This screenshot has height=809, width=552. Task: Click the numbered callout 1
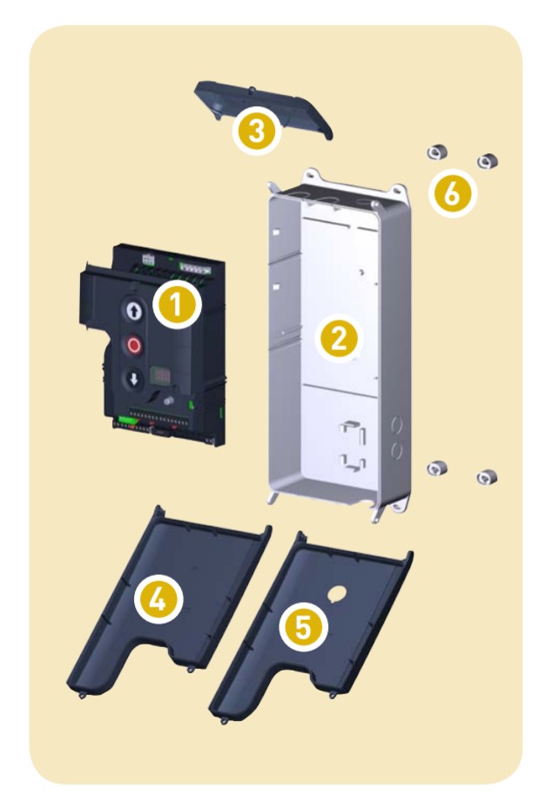[x=177, y=305]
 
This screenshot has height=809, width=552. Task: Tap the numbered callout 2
[x=339, y=339]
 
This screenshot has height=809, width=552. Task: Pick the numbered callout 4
[x=158, y=599]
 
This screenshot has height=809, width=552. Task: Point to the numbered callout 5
[x=303, y=627]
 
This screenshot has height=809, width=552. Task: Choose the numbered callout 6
[x=452, y=193]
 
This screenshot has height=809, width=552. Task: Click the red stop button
[x=133, y=345]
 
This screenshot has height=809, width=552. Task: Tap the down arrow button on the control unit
[x=134, y=380]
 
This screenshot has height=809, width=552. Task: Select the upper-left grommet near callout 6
[x=437, y=152]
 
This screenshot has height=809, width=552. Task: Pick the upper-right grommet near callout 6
[x=487, y=161]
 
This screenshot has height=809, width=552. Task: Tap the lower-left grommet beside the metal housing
[x=437, y=468]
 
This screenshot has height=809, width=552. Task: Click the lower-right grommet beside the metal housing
[x=487, y=477]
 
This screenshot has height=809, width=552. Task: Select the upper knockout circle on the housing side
[x=397, y=426]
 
